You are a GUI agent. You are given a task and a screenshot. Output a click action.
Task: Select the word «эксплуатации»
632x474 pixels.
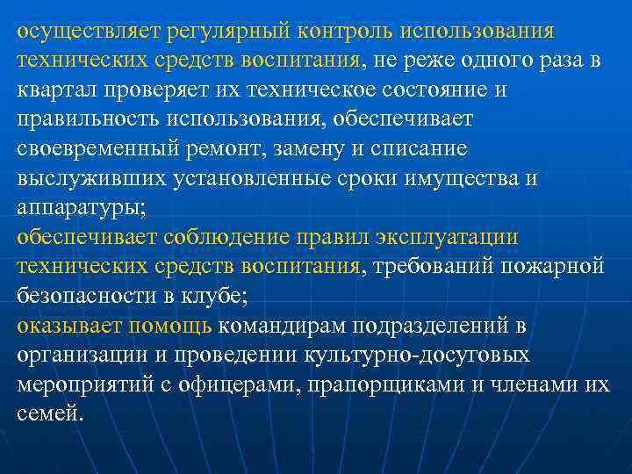point(448,238)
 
